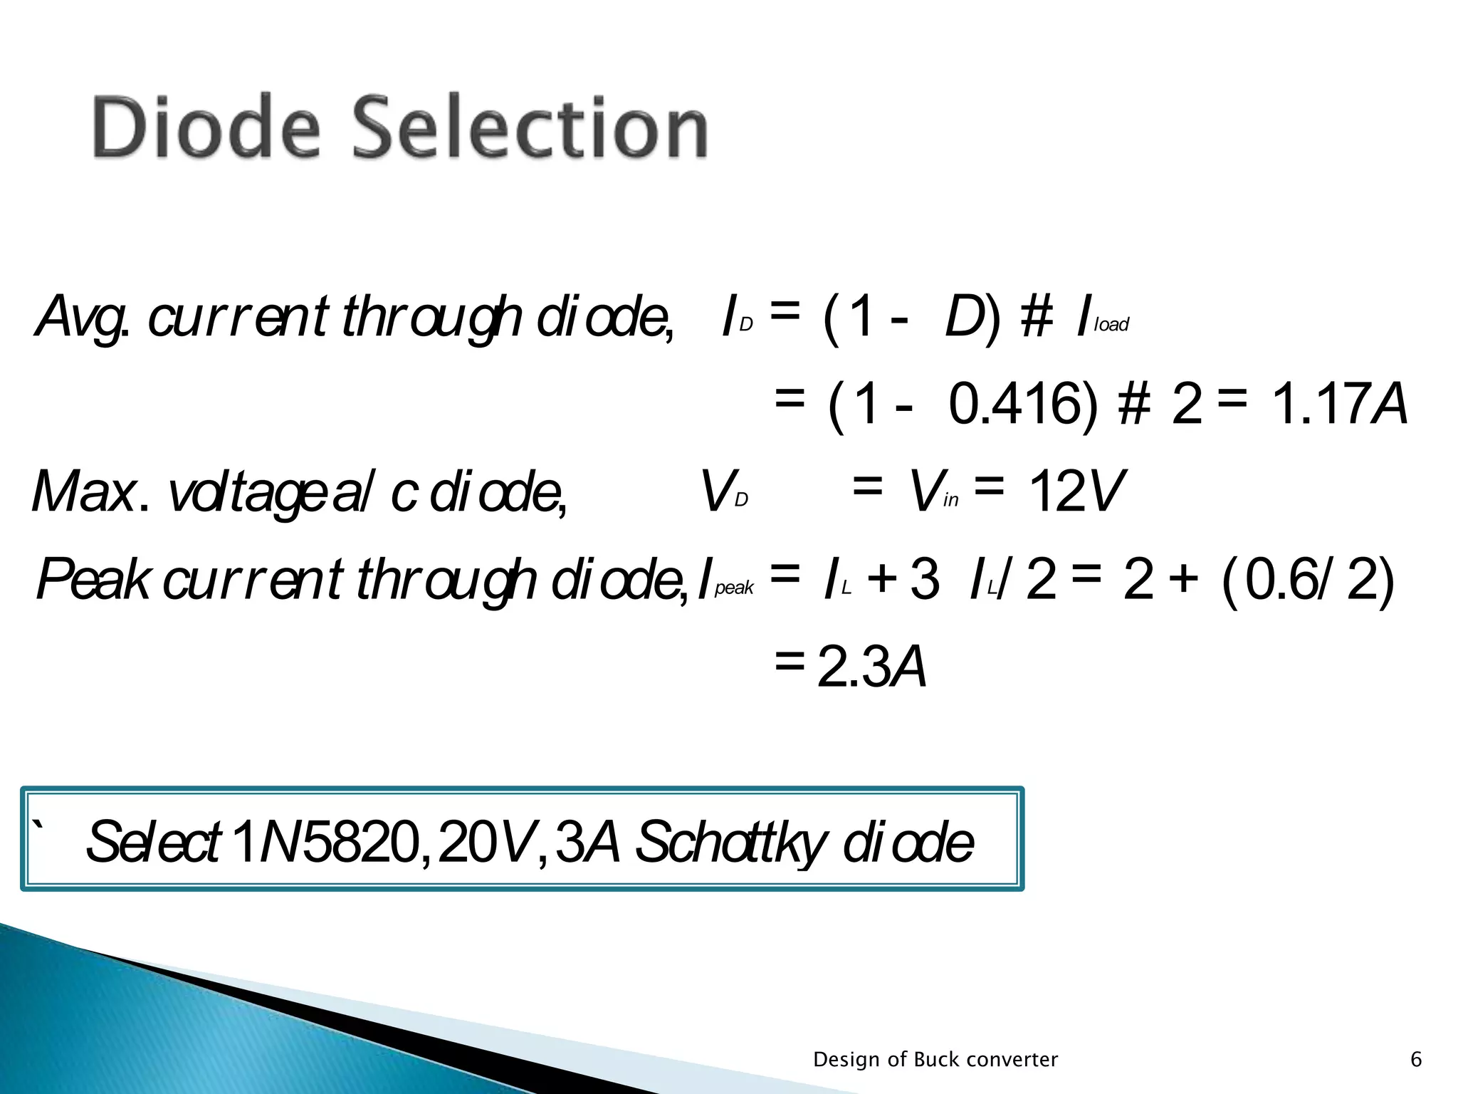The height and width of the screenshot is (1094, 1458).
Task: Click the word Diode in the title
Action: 206,128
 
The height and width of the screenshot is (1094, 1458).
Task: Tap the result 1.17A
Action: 1338,405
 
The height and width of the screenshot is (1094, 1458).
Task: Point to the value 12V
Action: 1076,491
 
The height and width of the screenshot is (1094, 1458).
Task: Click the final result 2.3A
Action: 871,667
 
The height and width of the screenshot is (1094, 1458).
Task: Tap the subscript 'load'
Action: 1112,325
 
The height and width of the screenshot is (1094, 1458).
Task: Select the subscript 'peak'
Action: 734,588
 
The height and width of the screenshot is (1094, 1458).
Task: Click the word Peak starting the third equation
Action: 93,579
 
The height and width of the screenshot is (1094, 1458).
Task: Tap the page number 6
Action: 1416,1060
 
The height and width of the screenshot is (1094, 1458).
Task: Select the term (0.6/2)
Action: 1307,580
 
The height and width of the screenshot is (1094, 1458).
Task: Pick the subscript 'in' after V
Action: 951,500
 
